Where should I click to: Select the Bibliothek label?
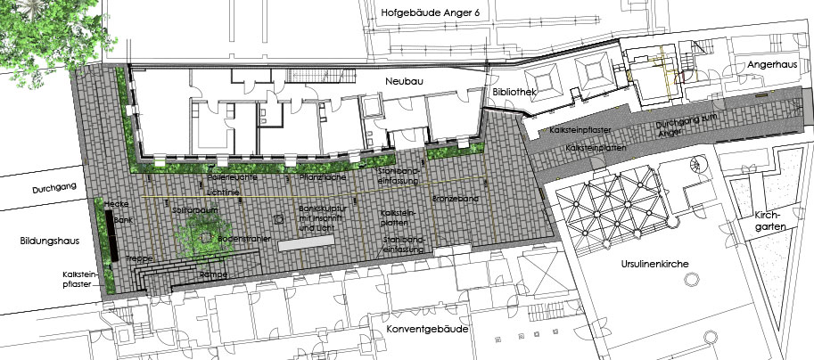coord(514,93)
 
